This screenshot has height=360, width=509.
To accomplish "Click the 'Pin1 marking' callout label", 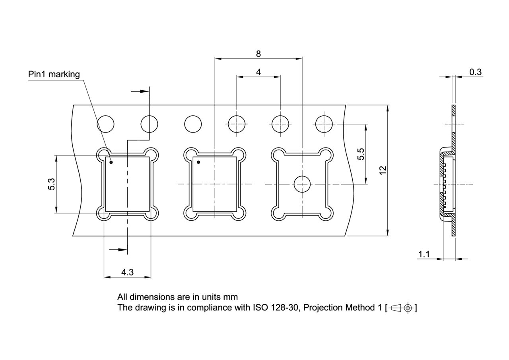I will point(54,74).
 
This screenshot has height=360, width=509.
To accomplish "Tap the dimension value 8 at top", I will point(258,54).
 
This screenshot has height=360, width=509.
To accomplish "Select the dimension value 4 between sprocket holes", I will point(258,72).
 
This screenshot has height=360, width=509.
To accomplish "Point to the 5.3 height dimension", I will point(51,184).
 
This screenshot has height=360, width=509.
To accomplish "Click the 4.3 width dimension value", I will point(127,272).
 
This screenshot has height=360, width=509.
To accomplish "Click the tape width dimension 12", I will point(383,170).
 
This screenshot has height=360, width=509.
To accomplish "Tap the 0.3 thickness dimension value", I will point(475,72).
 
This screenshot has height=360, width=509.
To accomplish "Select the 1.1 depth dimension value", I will point(424,254).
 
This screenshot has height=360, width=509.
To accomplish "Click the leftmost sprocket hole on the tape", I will point(106,124).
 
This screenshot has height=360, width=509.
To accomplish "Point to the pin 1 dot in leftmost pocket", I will point(111,162).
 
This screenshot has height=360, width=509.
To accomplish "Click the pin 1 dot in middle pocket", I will point(198,162).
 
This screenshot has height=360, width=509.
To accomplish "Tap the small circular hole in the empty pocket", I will point(302,184).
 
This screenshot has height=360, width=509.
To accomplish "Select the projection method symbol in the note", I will point(401,307).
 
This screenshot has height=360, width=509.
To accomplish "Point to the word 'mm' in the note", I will point(231,297).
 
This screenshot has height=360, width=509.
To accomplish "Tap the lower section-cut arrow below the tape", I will point(118,250).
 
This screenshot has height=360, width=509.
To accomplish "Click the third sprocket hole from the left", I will point(193,124).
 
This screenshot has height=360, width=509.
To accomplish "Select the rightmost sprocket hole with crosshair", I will point(323,124).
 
